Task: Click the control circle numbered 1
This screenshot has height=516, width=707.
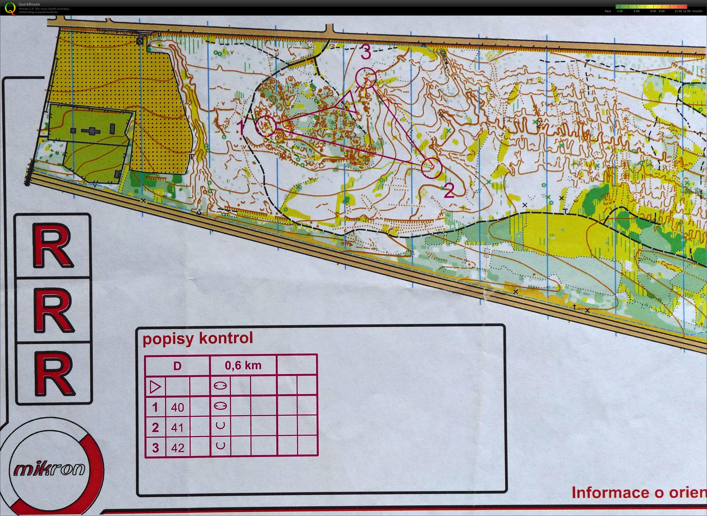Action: [x=266, y=126]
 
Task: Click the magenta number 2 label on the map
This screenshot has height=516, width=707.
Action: [x=449, y=191]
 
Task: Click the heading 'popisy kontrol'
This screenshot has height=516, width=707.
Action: [x=198, y=339]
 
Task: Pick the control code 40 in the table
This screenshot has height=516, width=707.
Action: [x=177, y=407]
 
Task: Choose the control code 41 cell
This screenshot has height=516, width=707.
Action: [x=177, y=427]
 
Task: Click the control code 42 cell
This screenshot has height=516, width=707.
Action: [x=177, y=448]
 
